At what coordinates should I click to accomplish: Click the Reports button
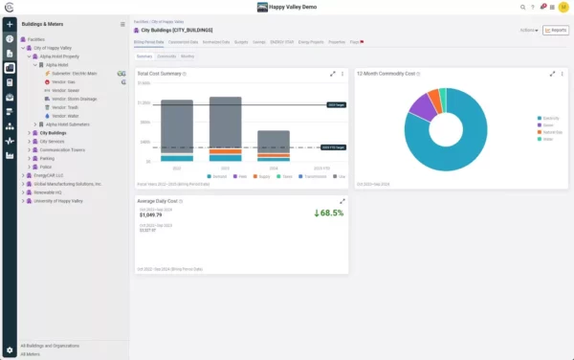555,30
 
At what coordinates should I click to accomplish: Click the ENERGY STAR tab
284,43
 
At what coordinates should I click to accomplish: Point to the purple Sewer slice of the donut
421,104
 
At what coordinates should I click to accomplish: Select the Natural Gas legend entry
551,131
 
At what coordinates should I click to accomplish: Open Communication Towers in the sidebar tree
65,149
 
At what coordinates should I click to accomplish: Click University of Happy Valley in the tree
66,199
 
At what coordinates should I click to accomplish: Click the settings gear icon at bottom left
10,350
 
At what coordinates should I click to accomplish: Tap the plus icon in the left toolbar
10,23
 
